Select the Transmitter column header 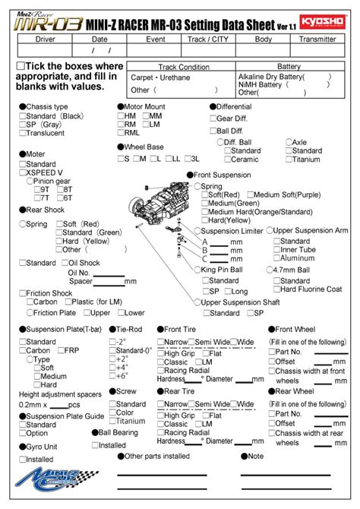pos(317,38)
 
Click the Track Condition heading pos(183,67)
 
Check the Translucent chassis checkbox pos(24,134)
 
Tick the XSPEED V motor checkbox pos(24,172)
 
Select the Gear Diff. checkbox pos(212,119)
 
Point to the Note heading pos(255,456)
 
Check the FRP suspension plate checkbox pos(60,351)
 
